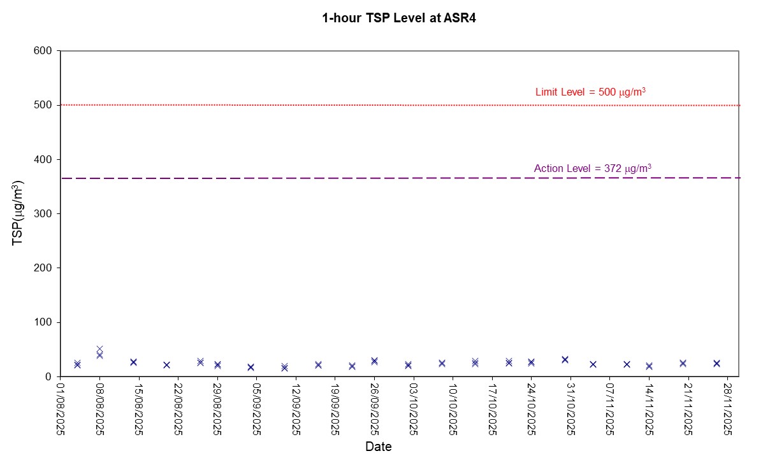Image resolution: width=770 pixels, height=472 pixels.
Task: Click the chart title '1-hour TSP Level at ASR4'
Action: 399,18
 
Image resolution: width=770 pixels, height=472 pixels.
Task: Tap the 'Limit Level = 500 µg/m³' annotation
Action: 590,92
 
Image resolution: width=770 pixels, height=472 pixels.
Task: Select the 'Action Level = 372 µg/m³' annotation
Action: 592,169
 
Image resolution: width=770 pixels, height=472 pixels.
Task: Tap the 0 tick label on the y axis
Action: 51,377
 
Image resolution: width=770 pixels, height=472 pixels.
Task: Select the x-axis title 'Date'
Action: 379,447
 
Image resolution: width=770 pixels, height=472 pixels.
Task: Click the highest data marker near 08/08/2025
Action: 99,349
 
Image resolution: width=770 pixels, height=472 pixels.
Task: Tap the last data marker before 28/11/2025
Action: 716,363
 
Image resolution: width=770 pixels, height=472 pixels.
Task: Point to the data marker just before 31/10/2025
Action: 565,359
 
